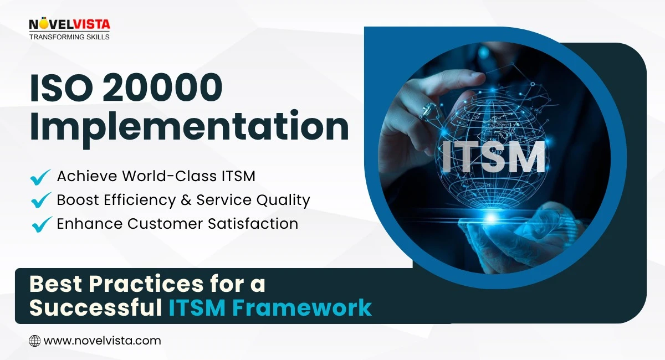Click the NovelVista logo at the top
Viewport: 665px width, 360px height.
click(x=69, y=24)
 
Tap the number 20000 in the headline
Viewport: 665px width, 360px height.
click(x=161, y=88)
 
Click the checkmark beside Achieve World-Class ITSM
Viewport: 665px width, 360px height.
click(x=40, y=177)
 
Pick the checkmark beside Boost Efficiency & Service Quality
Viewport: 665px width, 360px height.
click(x=40, y=200)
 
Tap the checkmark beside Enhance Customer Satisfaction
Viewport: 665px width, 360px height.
click(x=40, y=224)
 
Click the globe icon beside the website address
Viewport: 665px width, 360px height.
click(x=34, y=341)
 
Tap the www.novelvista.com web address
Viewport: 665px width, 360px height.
click(x=102, y=341)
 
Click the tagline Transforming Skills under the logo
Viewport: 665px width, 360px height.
click(x=69, y=37)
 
